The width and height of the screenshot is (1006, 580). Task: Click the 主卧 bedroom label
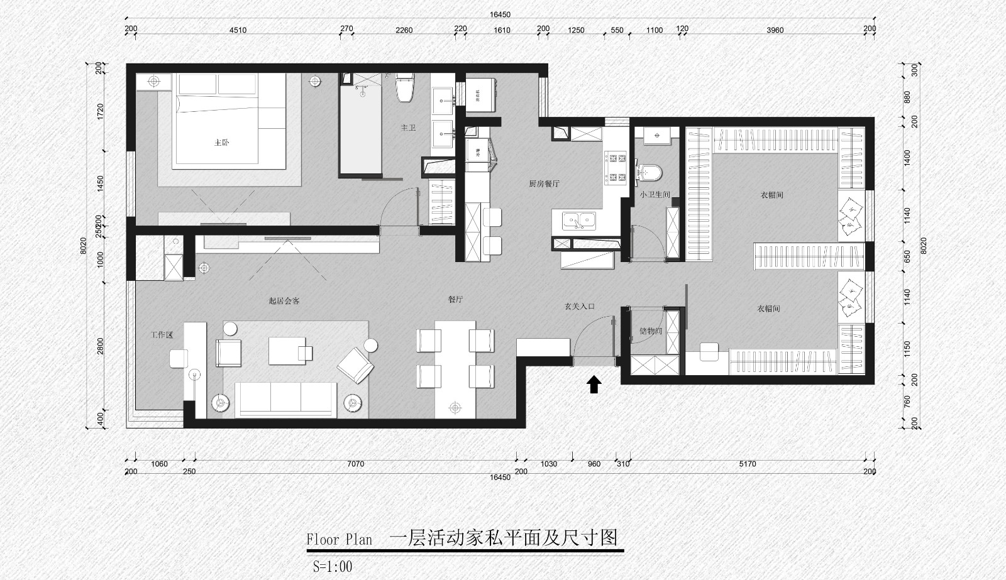point(221,143)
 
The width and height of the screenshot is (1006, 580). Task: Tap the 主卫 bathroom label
point(409,128)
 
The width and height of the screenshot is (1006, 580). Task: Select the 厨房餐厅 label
point(544,184)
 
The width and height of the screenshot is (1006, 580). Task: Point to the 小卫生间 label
point(655,195)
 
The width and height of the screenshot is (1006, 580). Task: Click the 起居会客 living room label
point(284,301)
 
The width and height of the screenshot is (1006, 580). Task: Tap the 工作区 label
point(162,335)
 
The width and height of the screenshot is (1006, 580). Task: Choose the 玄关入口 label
point(579,307)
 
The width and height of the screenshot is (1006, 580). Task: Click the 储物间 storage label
point(650,331)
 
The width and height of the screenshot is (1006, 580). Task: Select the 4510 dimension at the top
point(238,30)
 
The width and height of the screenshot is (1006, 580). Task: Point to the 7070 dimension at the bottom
point(355,464)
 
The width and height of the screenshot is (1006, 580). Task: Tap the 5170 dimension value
point(747,464)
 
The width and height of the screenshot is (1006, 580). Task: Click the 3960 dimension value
point(775,30)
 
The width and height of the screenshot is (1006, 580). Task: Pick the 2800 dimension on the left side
point(101,346)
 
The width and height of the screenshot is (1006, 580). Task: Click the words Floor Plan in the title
point(339,540)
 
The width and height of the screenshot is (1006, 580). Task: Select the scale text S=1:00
point(333,566)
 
